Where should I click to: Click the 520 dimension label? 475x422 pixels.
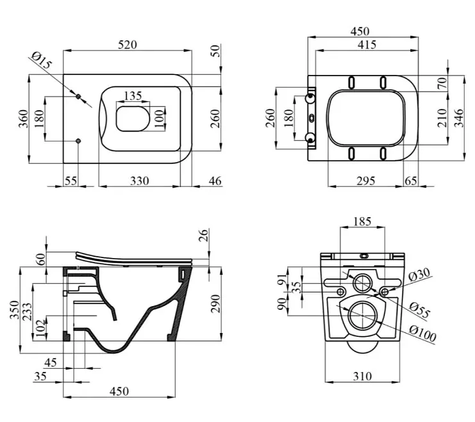(127, 45)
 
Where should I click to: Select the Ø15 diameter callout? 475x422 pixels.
(42, 61)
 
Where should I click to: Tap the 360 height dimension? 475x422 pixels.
(23, 118)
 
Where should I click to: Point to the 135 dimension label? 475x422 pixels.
(133, 96)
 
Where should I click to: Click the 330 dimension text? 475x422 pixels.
(140, 181)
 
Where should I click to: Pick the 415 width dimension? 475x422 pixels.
(367, 45)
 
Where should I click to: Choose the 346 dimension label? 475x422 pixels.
(459, 118)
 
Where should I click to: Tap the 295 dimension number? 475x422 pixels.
(366, 181)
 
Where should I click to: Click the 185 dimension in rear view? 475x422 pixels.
(362, 222)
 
